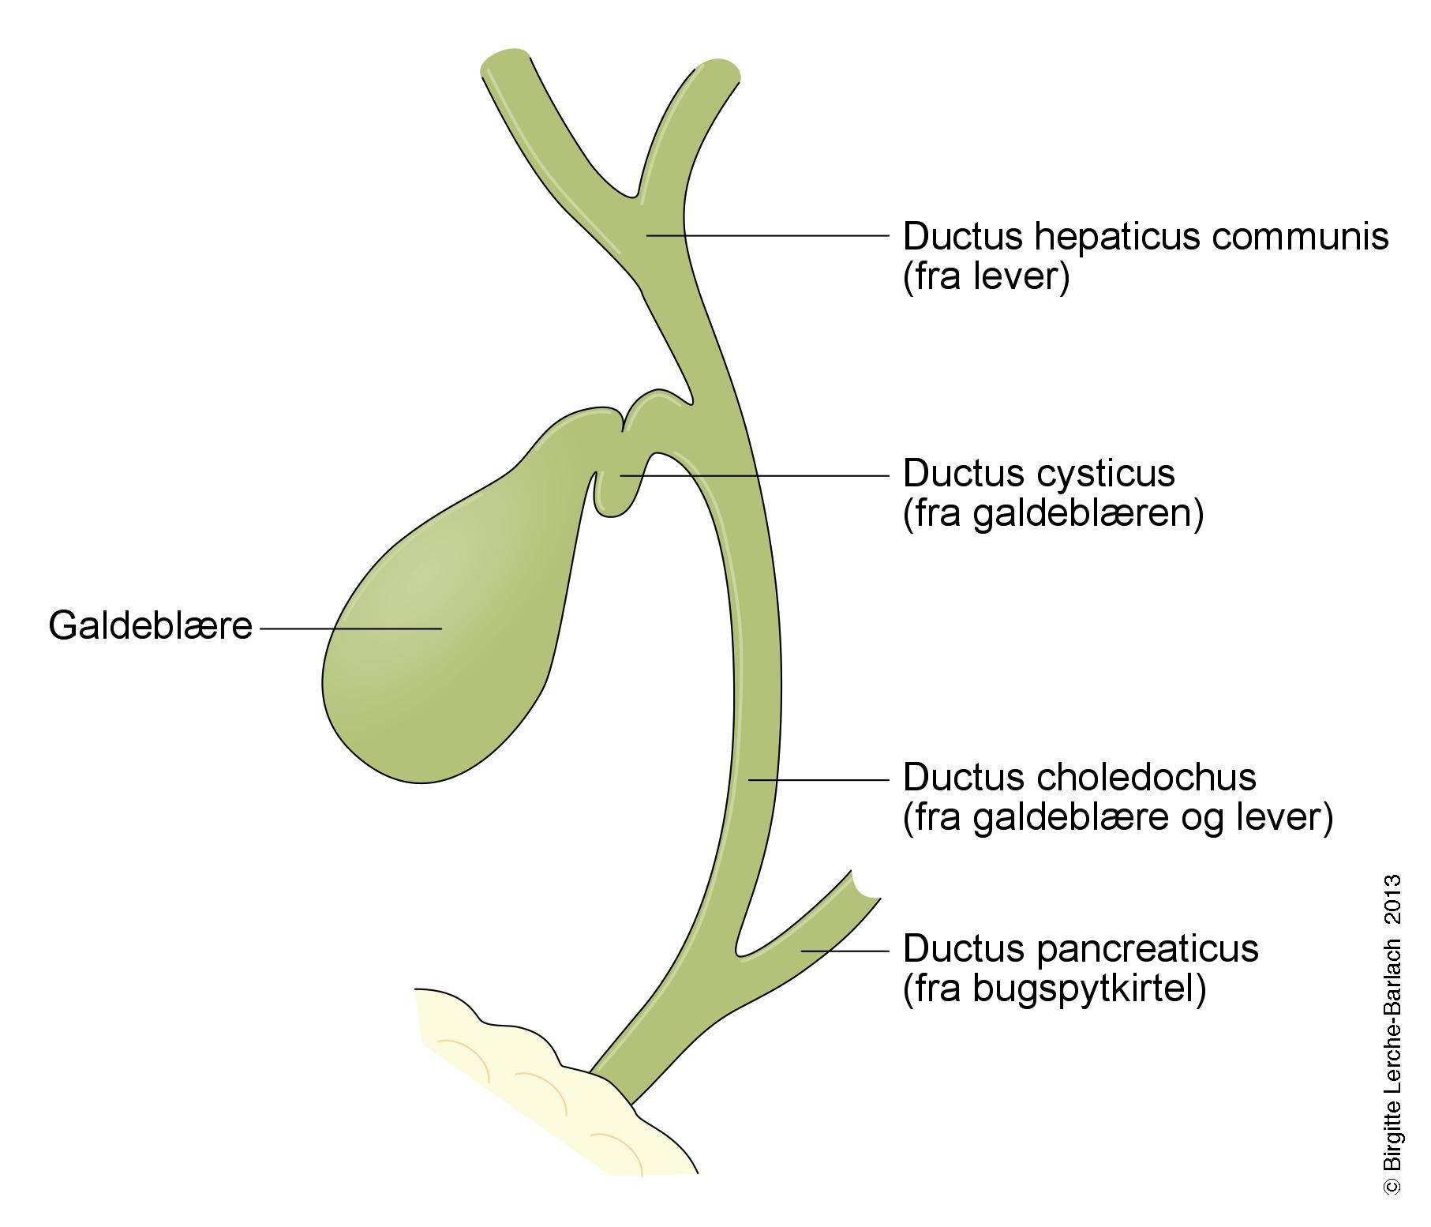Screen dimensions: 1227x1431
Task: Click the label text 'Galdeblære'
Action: pyautogui.click(x=150, y=626)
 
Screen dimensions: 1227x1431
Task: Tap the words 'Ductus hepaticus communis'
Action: pyautogui.click(x=1144, y=236)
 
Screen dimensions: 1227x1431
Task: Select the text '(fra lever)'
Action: pyautogui.click(x=986, y=277)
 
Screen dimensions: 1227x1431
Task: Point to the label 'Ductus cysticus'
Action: pyautogui.click(x=1039, y=474)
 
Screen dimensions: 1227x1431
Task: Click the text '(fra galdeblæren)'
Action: pyautogui.click(x=1053, y=514)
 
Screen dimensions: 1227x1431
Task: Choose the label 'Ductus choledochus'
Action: pyautogui.click(x=1079, y=777)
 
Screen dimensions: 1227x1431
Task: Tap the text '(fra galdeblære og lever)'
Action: pyautogui.click(x=1118, y=817)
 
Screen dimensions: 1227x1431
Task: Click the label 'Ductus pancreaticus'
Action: pyautogui.click(x=1080, y=948)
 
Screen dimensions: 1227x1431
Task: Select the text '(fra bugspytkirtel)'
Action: pyautogui.click(x=1054, y=989)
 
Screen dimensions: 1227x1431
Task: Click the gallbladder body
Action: pyautogui.click(x=426, y=647)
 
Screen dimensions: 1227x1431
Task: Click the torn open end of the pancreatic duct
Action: pyautogui.click(x=866, y=886)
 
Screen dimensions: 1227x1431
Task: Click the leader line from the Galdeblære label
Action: pyautogui.click(x=350, y=629)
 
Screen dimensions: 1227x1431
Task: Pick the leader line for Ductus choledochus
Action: pyautogui.click(x=818, y=780)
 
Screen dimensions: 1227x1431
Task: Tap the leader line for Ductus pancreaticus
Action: pyautogui.click(x=845, y=951)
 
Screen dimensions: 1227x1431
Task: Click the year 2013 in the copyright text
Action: pyautogui.click(x=1392, y=898)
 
